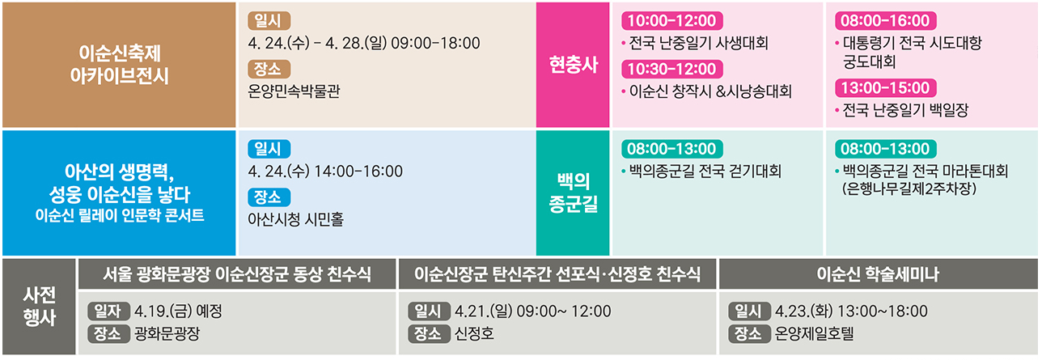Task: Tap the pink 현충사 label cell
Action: (x=573, y=65)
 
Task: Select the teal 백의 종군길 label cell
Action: (x=573, y=193)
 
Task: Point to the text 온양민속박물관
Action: (x=294, y=91)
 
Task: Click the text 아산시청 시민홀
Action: (x=295, y=219)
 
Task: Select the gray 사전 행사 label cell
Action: (x=38, y=307)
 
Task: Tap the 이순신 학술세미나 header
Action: (x=878, y=275)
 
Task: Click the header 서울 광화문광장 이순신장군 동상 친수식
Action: (x=238, y=275)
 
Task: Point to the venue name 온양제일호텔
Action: (x=814, y=333)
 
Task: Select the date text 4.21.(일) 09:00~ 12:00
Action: (x=533, y=311)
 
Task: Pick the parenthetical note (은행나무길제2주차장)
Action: (x=909, y=189)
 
